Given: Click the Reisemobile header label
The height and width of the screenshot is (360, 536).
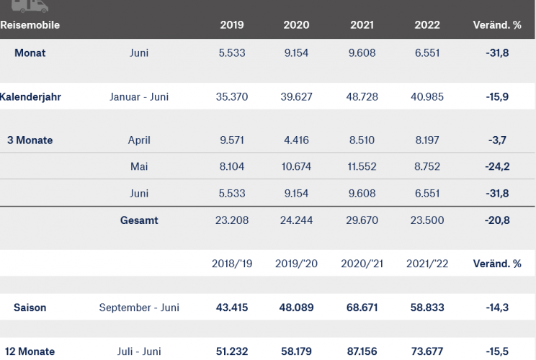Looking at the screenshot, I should pyautogui.click(x=30, y=25).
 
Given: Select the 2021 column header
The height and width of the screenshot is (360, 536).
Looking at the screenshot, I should pyautogui.click(x=362, y=25).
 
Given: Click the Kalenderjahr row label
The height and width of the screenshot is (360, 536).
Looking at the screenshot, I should pyautogui.click(x=30, y=96).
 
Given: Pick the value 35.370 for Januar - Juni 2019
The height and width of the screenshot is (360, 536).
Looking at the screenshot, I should pyautogui.click(x=231, y=96).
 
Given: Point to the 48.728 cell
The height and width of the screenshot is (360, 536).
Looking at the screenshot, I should pyautogui.click(x=362, y=96).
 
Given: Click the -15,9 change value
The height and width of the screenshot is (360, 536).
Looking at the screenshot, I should pyautogui.click(x=496, y=96).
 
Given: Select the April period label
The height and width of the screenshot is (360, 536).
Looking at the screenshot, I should pyautogui.click(x=139, y=140).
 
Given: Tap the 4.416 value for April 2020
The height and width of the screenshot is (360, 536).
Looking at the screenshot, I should pyautogui.click(x=296, y=140).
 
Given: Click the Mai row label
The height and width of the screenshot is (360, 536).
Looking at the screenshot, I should pyautogui.click(x=139, y=167).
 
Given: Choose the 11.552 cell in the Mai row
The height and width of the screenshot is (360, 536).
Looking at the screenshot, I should pyautogui.click(x=362, y=167).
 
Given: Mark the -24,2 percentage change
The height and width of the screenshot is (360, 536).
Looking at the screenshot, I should pyautogui.click(x=496, y=167).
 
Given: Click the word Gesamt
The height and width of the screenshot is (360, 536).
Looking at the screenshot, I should pyautogui.click(x=139, y=220).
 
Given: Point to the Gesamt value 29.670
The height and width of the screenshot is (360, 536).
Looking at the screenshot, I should pyautogui.click(x=362, y=220).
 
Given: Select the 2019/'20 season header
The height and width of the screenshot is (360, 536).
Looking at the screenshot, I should pyautogui.click(x=296, y=264).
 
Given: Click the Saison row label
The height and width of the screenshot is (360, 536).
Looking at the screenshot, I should pyautogui.click(x=30, y=307).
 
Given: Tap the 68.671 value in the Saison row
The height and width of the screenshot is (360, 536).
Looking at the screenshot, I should pyautogui.click(x=362, y=307).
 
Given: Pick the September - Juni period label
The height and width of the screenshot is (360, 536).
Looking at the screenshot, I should pyautogui.click(x=139, y=307).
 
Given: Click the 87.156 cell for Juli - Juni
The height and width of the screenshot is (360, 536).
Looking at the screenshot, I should pyautogui.click(x=362, y=352).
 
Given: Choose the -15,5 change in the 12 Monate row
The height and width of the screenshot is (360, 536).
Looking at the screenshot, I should pyautogui.click(x=496, y=352).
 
